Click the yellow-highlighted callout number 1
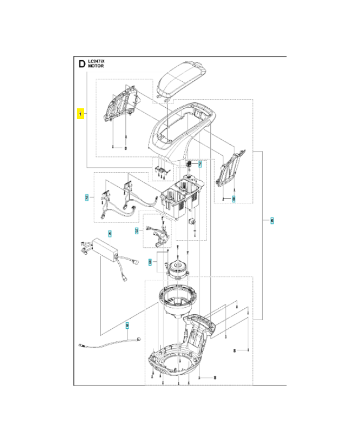(81, 114)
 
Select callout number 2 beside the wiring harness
(87, 197)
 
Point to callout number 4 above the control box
(109, 233)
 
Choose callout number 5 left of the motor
(149, 263)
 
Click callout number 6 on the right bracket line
(272, 220)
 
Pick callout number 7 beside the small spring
(200, 164)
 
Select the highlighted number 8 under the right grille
(234, 198)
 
